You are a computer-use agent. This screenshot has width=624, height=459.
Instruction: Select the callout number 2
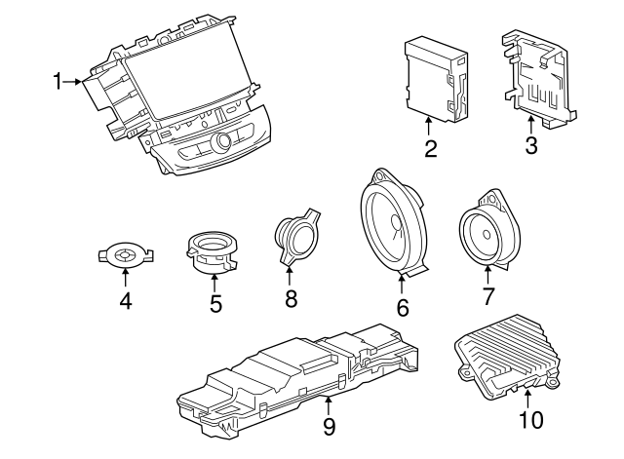point(430,149)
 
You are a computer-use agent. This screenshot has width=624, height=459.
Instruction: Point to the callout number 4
point(125,302)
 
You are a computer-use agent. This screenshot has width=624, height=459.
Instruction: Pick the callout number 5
point(214,304)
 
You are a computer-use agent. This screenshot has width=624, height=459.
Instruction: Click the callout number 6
point(402,307)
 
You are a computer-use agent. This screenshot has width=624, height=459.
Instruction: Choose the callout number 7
point(488,296)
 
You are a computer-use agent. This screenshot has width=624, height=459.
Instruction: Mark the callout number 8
point(290,298)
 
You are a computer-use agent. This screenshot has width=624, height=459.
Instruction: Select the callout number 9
point(329,426)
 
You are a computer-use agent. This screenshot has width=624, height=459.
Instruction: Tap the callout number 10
point(530,420)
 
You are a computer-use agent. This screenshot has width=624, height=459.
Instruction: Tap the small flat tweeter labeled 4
point(125,256)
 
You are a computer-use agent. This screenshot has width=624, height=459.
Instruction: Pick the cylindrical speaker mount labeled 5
point(214,250)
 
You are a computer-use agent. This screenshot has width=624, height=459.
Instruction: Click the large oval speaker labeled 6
point(392,223)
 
